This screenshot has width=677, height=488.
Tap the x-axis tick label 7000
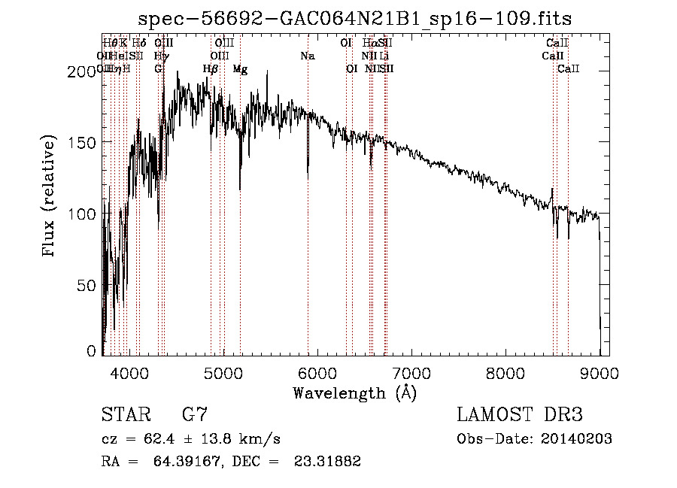tap(411, 372)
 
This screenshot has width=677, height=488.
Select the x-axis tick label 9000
tap(599, 372)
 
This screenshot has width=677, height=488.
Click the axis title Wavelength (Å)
tap(355, 393)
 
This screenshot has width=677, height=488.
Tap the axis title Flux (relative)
tap(50, 197)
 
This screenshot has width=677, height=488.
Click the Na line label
tap(307, 56)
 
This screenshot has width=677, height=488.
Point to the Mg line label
tap(240, 69)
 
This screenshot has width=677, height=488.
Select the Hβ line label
tap(211, 69)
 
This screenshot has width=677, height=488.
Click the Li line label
tap(384, 56)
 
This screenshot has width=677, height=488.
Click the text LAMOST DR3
tap(520, 414)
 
